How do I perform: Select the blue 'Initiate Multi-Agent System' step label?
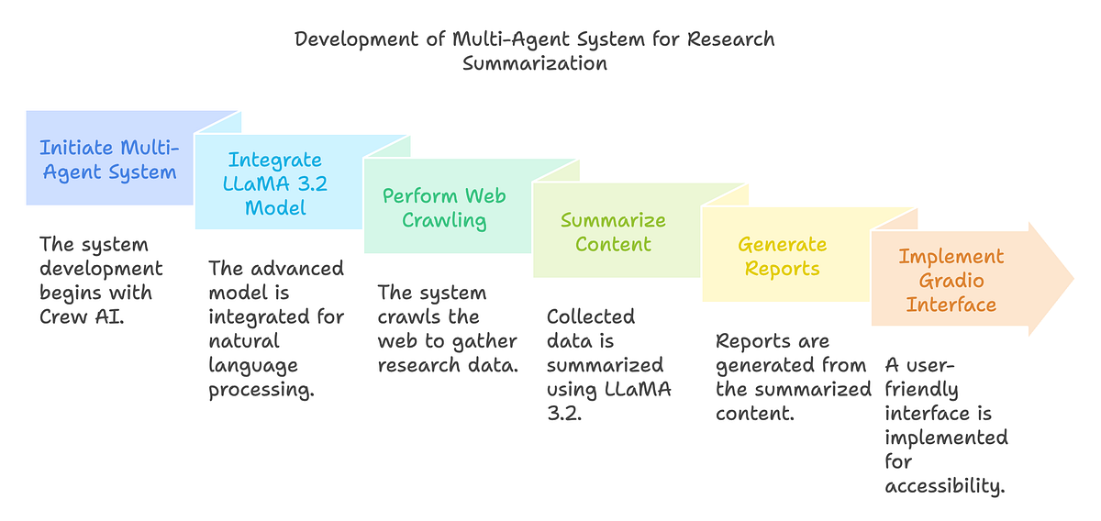click(x=109, y=160)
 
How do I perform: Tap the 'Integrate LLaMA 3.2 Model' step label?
click(x=276, y=183)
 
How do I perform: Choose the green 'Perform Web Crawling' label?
click(x=444, y=208)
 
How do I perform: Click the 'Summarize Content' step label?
click(x=613, y=232)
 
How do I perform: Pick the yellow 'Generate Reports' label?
click(x=783, y=256)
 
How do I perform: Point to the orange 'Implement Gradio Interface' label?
click(x=951, y=280)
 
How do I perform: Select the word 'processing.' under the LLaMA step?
click(x=261, y=389)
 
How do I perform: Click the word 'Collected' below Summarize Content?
click(x=591, y=316)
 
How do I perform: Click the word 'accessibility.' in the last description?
click(x=945, y=485)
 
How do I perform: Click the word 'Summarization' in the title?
click(x=534, y=63)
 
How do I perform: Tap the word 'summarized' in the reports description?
click(x=823, y=389)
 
